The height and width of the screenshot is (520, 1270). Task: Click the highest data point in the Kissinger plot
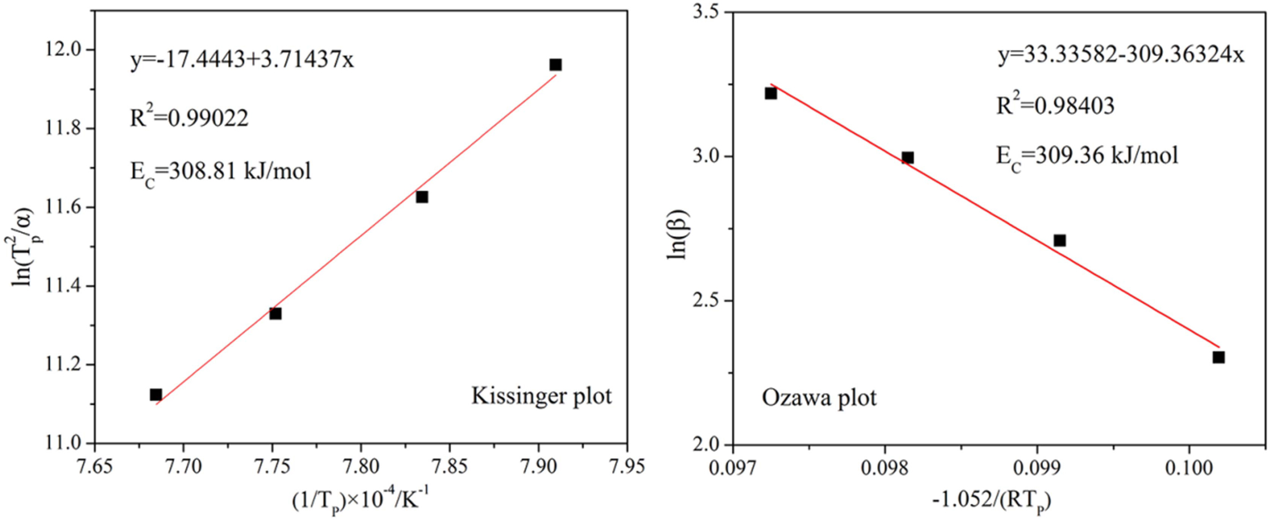pos(555,65)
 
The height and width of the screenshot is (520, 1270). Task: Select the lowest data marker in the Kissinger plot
pos(156,395)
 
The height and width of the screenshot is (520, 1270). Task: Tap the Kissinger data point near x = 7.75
pos(275,313)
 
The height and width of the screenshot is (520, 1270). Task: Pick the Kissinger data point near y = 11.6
pos(421,197)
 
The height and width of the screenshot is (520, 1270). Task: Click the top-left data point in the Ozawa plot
pos(770,93)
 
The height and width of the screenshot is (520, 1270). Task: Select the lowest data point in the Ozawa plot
pos(1218,357)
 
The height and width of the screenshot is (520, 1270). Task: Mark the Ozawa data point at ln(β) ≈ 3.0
pos(908,158)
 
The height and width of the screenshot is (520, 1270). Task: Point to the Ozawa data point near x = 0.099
pos(1059,241)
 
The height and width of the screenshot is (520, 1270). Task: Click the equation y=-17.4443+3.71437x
pos(242,59)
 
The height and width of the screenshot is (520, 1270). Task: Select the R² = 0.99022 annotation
pos(189,117)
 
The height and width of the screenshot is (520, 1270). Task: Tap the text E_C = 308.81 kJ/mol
pos(220,171)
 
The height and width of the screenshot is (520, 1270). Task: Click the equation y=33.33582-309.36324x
pos(1121,55)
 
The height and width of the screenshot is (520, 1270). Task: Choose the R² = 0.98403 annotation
pos(1055,105)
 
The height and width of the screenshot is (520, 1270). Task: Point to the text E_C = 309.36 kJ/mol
pos(1087,156)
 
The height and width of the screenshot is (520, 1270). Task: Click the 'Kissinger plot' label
pos(541,396)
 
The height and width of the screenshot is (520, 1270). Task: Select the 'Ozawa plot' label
pos(819,397)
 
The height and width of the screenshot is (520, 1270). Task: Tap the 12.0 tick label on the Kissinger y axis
pos(63,50)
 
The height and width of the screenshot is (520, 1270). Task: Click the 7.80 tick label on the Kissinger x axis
pos(361,466)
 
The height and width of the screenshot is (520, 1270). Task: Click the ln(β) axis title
pos(677,234)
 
